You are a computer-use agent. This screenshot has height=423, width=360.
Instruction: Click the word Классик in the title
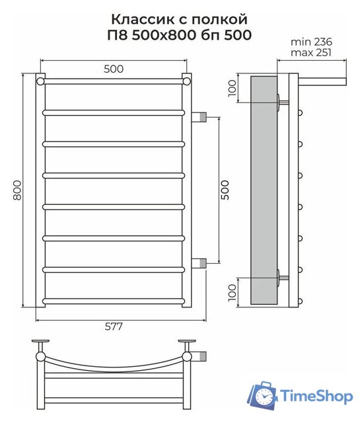(x=138, y=19)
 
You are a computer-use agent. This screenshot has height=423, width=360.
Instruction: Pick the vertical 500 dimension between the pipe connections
(x=225, y=190)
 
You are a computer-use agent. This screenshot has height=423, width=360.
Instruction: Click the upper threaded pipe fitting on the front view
(x=200, y=118)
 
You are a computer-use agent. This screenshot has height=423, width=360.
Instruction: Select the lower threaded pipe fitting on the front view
(x=200, y=262)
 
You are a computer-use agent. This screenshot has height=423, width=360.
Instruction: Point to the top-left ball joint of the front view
(x=41, y=81)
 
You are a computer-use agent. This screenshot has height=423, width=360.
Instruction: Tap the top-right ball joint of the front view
(x=187, y=81)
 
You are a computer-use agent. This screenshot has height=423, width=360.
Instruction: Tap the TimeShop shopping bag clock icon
(x=263, y=395)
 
